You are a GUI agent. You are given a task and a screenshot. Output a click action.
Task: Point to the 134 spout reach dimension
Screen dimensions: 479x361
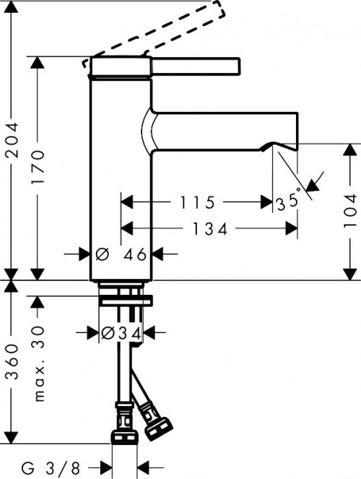[212, 230]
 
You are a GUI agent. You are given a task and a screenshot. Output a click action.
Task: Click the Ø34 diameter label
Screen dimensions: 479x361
[116, 333]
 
